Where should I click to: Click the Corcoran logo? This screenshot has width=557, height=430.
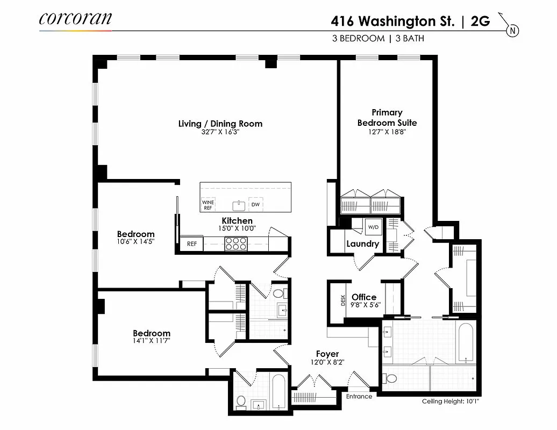pyautogui.click(x=75, y=19)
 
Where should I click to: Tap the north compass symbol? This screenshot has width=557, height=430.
pyautogui.click(x=513, y=31)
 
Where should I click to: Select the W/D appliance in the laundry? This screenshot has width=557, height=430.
pyautogui.click(x=373, y=227)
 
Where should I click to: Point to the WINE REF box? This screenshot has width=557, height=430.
pyautogui.click(x=208, y=204)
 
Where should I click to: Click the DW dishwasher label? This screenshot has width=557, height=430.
pyautogui.click(x=255, y=205)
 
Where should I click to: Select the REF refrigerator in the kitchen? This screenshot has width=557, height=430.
pyautogui.click(x=192, y=243)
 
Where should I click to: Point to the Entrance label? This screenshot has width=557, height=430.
pyautogui.click(x=359, y=397)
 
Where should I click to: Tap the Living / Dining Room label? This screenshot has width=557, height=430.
pyautogui.click(x=220, y=124)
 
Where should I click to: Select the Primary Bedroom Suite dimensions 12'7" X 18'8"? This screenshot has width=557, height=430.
pyautogui.click(x=387, y=131)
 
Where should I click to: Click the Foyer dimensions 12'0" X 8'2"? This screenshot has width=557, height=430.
pyautogui.click(x=327, y=362)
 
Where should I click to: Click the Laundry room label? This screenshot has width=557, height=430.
pyautogui.click(x=363, y=243)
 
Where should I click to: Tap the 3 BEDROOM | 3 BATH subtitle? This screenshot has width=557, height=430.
pyautogui.click(x=382, y=38)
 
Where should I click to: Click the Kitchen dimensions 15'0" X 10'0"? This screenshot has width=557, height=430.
pyautogui.click(x=237, y=228)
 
